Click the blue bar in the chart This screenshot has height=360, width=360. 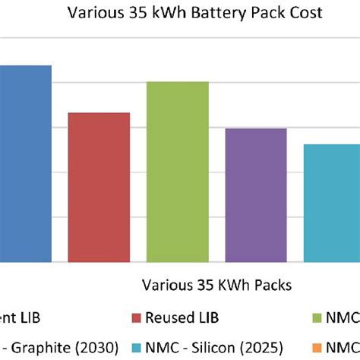(25, 163)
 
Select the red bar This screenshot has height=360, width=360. (99, 187)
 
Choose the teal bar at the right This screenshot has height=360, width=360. (332, 203)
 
